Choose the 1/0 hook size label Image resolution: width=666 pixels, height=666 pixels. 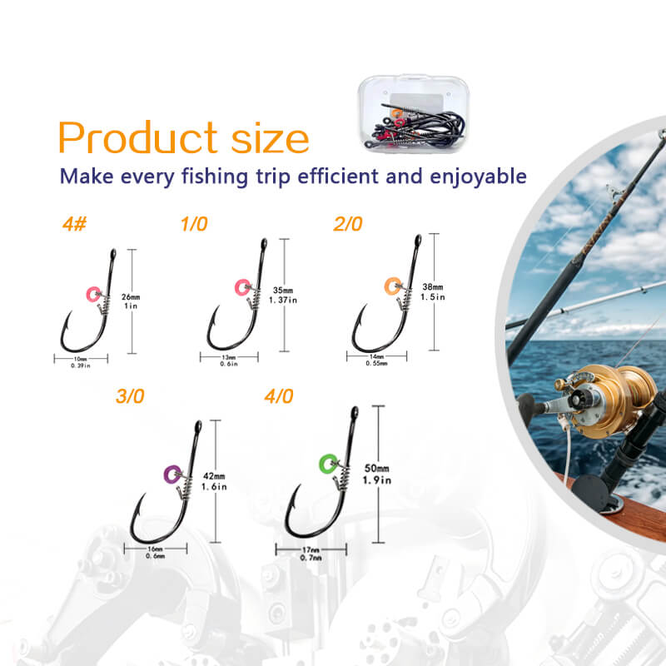pos(195,225)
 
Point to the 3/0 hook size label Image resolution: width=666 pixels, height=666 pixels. pos(130,396)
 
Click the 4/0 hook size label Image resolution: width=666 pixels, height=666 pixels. pos(279,396)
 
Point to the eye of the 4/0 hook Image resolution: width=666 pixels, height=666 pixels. pos(355,412)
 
